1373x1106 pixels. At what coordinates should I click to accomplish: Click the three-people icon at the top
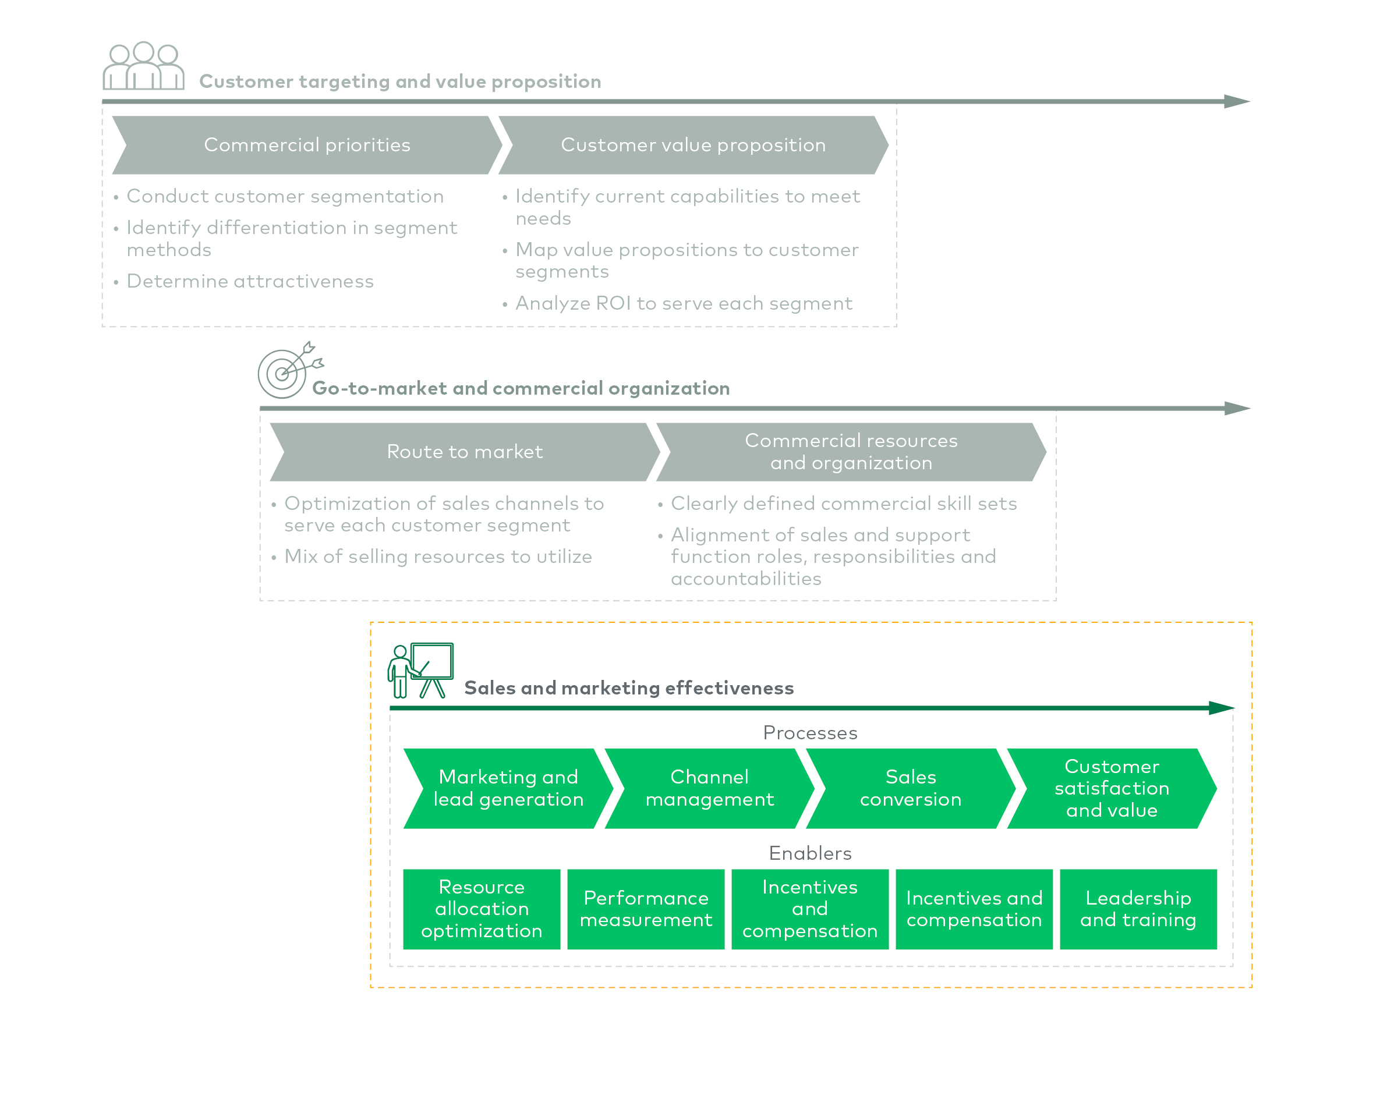point(143,66)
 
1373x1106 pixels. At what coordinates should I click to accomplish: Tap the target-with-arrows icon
point(288,371)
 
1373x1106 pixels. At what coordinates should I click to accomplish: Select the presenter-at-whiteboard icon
point(420,670)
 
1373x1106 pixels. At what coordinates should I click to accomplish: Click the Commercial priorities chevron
point(306,146)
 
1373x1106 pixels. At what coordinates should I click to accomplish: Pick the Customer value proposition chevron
point(692,146)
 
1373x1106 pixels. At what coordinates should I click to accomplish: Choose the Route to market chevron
point(465,452)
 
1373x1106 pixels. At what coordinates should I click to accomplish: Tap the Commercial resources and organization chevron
point(851,452)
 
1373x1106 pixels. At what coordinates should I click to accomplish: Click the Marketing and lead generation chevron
point(508,788)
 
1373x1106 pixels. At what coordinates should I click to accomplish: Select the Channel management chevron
point(709,788)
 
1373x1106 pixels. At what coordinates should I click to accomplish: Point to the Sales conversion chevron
point(911,788)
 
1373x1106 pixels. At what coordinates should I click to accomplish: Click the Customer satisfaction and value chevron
point(1112,788)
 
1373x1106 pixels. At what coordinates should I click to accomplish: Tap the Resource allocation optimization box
point(482,909)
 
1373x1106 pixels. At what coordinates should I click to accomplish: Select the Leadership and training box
point(1138,909)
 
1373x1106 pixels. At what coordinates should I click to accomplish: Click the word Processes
point(810,733)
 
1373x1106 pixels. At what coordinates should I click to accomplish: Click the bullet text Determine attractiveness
point(250,281)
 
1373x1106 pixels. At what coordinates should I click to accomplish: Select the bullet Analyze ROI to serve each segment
point(683,303)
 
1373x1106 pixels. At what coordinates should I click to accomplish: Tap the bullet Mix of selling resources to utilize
point(438,557)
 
